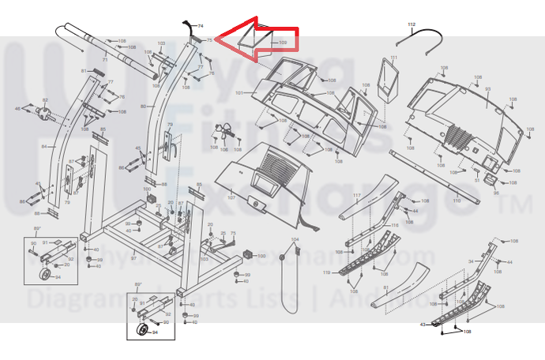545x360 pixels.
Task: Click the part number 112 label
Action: [x=411, y=25]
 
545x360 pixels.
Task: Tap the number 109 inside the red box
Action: [x=283, y=42]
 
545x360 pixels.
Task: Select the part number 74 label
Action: [x=201, y=27]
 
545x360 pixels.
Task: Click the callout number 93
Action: [x=487, y=89]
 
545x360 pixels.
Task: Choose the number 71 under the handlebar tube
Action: [x=104, y=61]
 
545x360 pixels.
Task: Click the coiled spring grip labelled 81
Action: [x=96, y=72]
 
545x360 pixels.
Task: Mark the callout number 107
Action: [x=231, y=197]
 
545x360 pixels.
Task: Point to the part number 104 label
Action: [x=295, y=239]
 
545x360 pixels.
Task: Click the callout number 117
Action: [x=356, y=196]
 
